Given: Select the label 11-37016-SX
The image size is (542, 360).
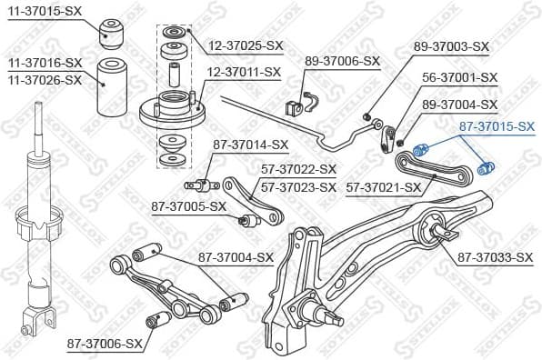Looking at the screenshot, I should coord(45,63).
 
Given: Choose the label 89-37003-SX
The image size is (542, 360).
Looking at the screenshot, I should coord(451,46).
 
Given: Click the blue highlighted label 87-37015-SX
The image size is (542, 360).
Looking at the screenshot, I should coord(496,127).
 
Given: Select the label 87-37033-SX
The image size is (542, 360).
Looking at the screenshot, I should coord(494,258).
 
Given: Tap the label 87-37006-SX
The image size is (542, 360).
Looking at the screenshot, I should coord(105,345).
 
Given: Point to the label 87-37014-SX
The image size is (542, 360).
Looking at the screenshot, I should coord(250,145).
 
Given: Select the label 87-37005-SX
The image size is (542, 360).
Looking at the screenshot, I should coord(188,206).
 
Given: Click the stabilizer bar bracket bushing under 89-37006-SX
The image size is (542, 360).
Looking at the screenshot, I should coord(296,105).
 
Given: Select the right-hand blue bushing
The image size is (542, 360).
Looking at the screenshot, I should coord(485,166).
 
